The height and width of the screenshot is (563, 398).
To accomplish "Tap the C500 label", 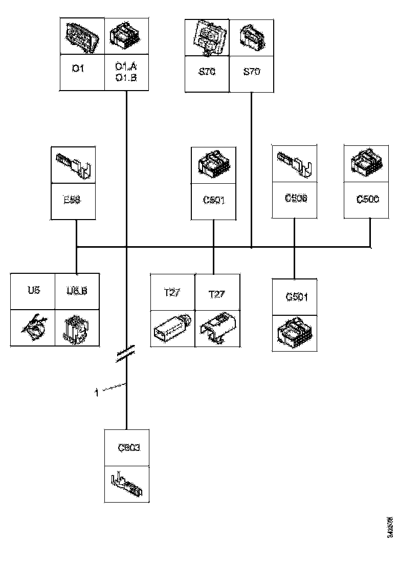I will pos(368,199).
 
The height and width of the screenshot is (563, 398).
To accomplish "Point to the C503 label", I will pos(129,448).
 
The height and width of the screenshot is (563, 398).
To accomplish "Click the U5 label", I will pos(33,291).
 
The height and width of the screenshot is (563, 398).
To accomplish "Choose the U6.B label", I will pos(77,291).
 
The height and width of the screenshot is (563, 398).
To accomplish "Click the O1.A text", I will pos(126,67).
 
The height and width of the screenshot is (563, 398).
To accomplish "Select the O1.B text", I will pos(126,77).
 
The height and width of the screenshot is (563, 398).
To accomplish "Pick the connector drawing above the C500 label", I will pos(368,162).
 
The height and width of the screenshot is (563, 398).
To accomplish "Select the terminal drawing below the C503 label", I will pos(127,484).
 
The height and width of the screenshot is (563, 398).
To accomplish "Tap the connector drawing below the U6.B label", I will pos(77,328).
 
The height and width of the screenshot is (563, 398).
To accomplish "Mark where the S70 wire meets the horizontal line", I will pos(251,247).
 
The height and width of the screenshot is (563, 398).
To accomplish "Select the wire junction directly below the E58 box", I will pos(76,247).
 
